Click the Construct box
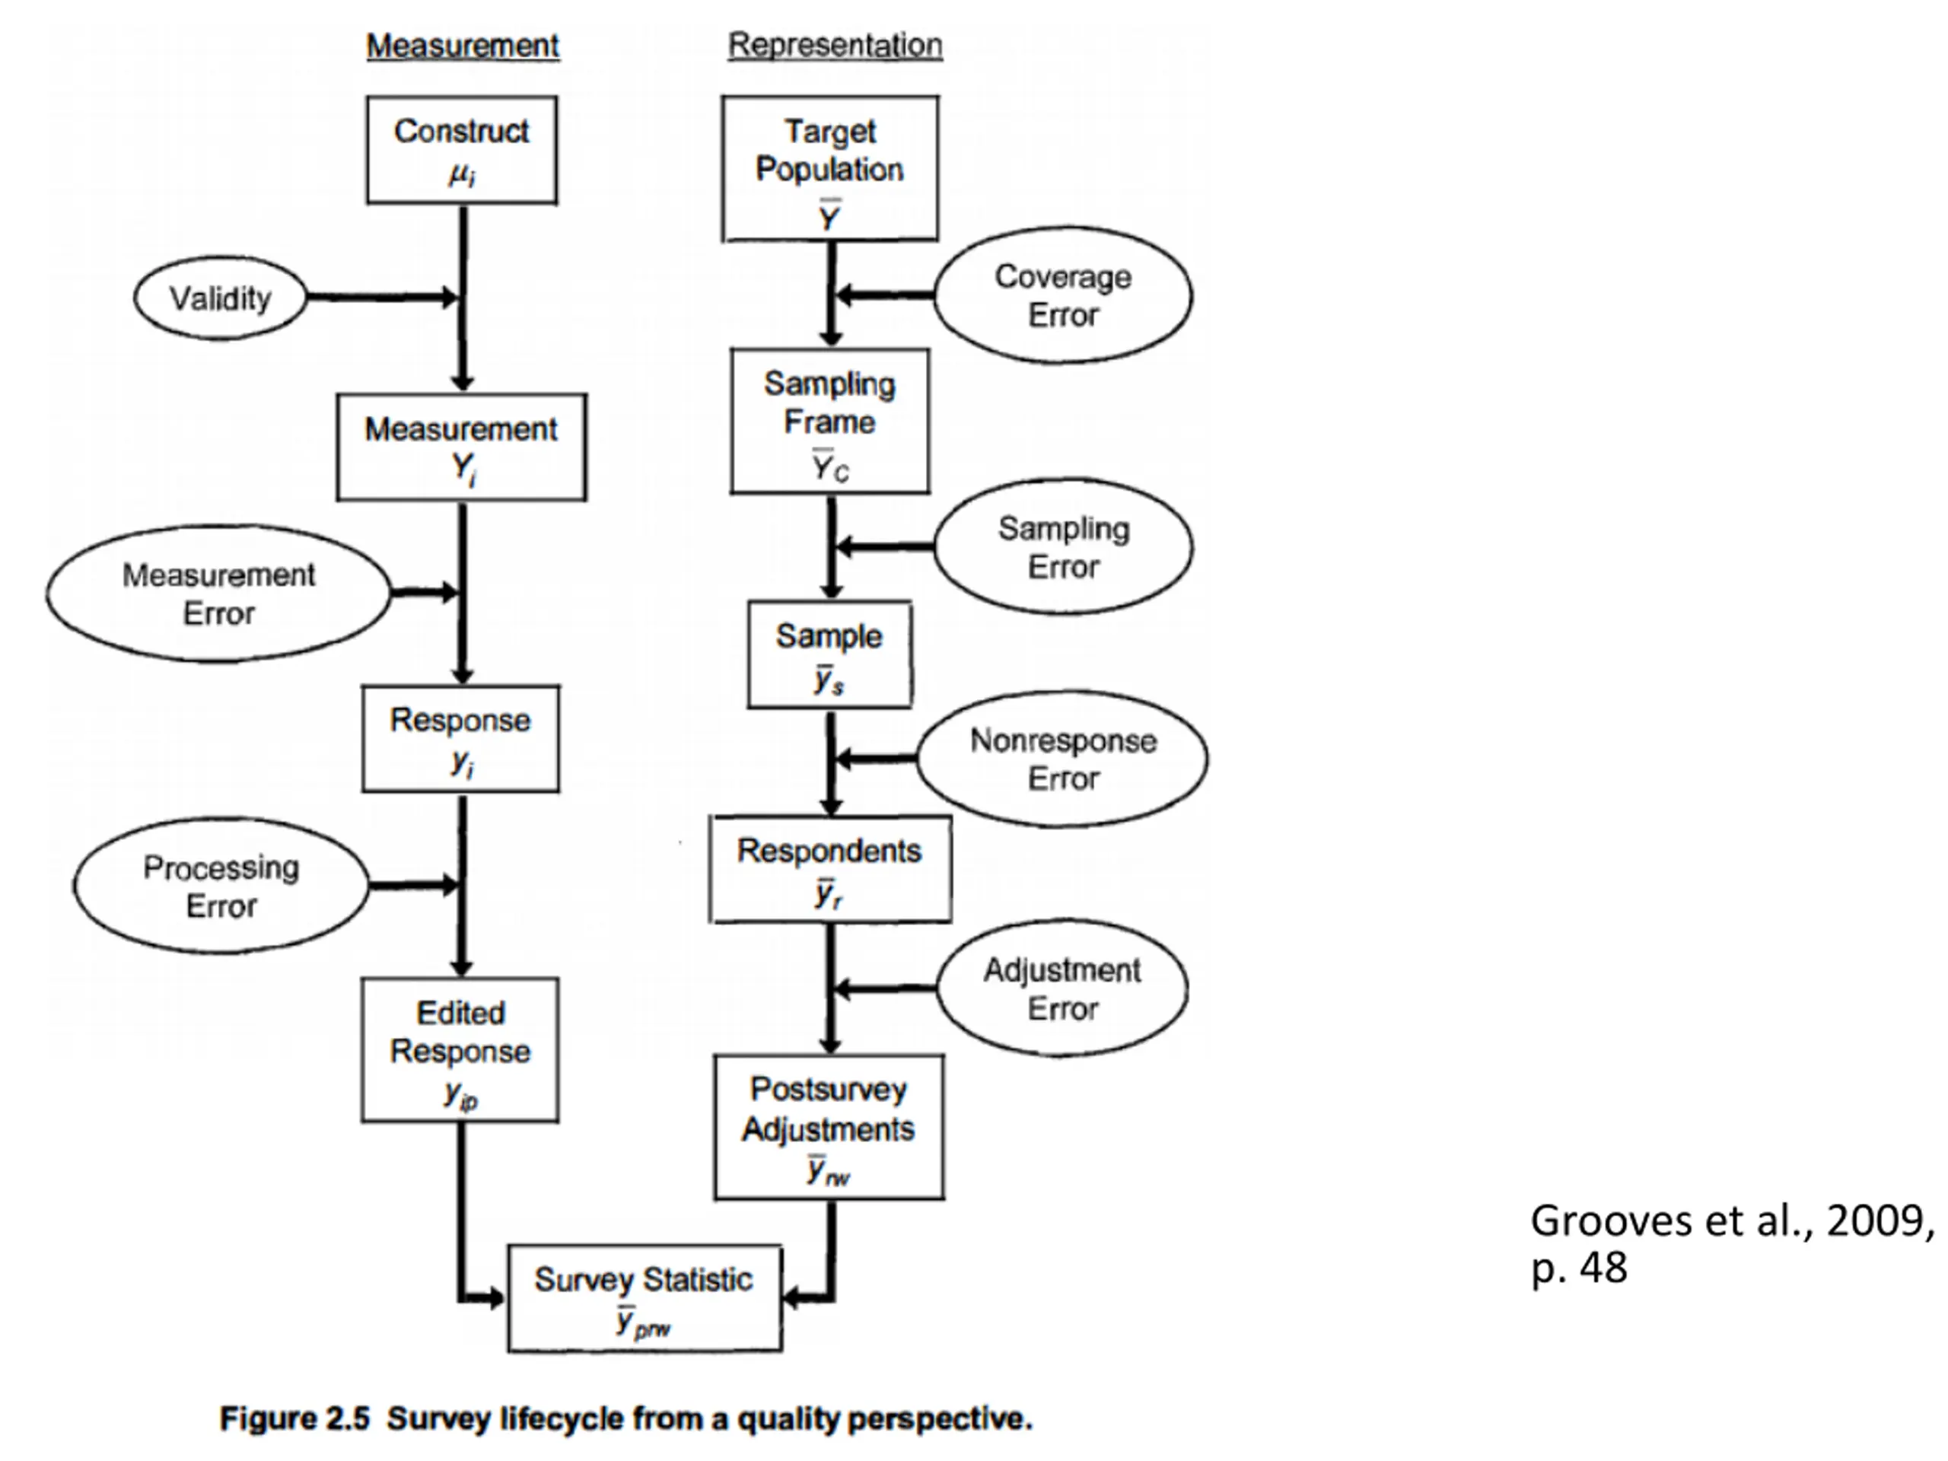click(461, 150)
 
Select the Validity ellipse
click(220, 298)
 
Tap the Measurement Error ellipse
click(218, 594)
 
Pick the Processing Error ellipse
click(221, 886)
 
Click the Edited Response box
click(460, 1050)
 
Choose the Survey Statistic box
click(644, 1298)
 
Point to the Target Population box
click(829, 168)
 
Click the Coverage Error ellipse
click(1063, 295)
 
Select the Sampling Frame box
click(829, 421)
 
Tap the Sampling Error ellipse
click(1063, 547)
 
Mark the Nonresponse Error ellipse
click(1063, 759)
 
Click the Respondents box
click(829, 869)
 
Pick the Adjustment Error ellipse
click(1062, 988)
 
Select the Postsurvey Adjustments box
click(829, 1127)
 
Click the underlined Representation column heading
click(835, 45)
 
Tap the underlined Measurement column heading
click(463, 46)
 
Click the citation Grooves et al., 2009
click(1731, 1221)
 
